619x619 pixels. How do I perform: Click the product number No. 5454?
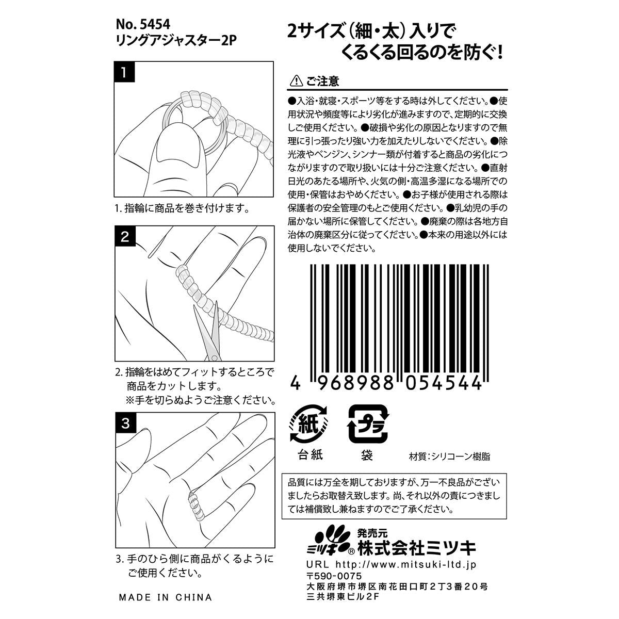[x=142, y=24]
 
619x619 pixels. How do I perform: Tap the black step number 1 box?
[x=124, y=72]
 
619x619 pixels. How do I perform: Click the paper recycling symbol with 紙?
[x=309, y=424]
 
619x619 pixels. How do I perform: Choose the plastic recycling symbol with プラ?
[x=368, y=424]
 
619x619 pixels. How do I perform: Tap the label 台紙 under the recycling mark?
[x=309, y=455]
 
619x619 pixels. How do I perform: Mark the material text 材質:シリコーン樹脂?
[x=449, y=457]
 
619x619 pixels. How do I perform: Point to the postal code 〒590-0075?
[x=334, y=576]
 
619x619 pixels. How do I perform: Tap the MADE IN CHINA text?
[x=165, y=597]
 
